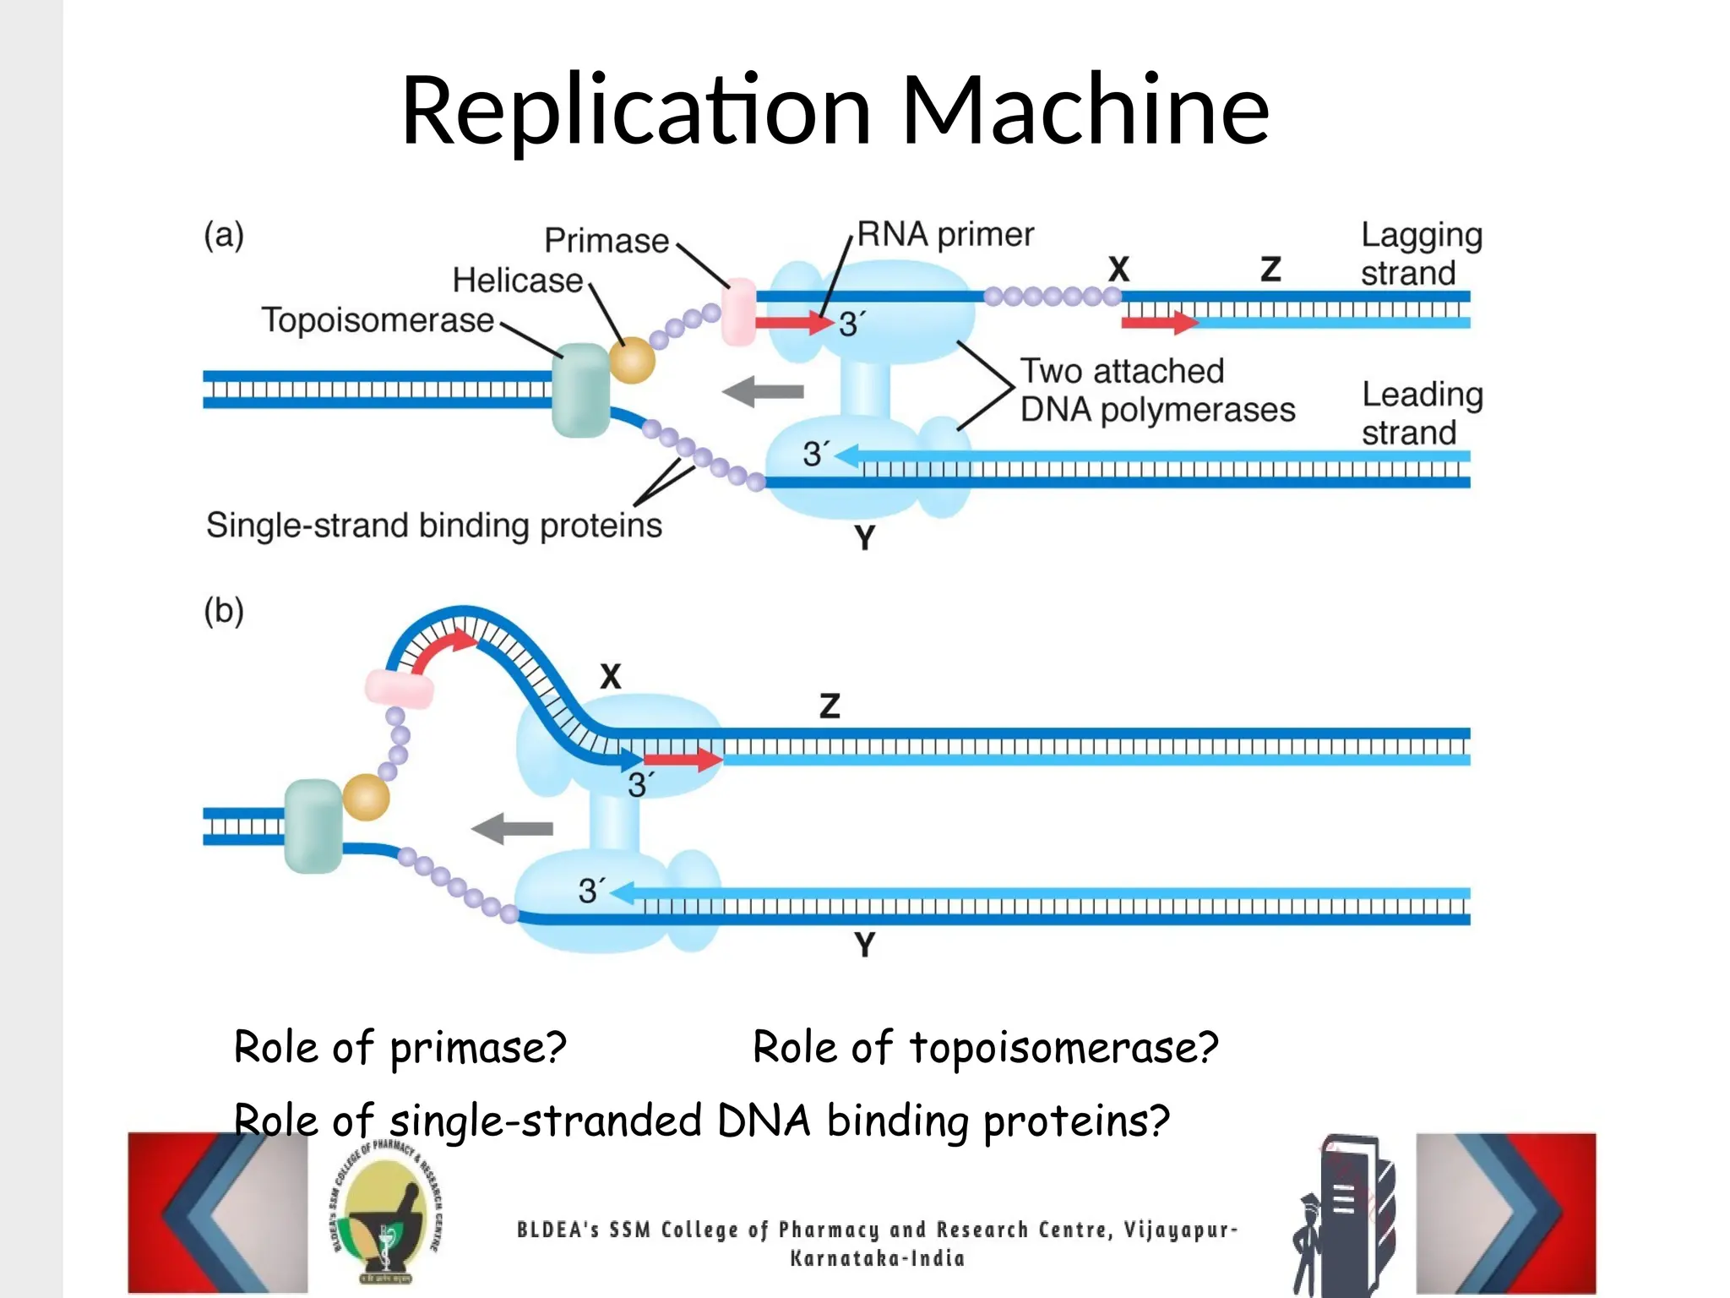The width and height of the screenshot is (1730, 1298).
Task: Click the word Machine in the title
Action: pyautogui.click(x=1085, y=110)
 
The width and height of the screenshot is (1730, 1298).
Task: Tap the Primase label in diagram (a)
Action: pyautogui.click(x=606, y=241)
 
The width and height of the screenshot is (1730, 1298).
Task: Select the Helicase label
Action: pyautogui.click(x=517, y=281)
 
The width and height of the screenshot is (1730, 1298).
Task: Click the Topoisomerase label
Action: pyautogui.click(x=377, y=320)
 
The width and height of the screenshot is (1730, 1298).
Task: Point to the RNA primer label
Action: pyautogui.click(x=944, y=234)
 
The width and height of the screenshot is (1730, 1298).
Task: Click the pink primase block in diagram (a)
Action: pyautogui.click(x=738, y=312)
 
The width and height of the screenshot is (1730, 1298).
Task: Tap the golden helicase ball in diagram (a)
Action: pyautogui.click(x=632, y=361)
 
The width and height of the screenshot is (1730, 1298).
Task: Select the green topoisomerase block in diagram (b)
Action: pyautogui.click(x=313, y=826)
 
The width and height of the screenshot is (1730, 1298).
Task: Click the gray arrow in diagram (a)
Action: pyautogui.click(x=764, y=391)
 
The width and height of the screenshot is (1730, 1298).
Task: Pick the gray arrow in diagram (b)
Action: pyautogui.click(x=513, y=828)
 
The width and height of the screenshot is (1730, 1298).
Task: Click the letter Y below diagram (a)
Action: pyautogui.click(x=864, y=537)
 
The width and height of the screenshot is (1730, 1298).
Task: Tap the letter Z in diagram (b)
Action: pyautogui.click(x=830, y=706)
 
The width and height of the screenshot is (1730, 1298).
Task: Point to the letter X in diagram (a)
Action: pyautogui.click(x=1118, y=270)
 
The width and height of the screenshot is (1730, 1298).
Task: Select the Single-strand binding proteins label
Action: pyautogui.click(x=433, y=526)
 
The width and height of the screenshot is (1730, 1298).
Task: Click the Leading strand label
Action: pyautogui.click(x=1422, y=413)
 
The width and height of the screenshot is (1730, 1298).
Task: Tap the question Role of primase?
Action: pyautogui.click(x=400, y=1048)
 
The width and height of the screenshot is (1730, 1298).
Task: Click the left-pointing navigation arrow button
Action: pyautogui.click(x=217, y=1213)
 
